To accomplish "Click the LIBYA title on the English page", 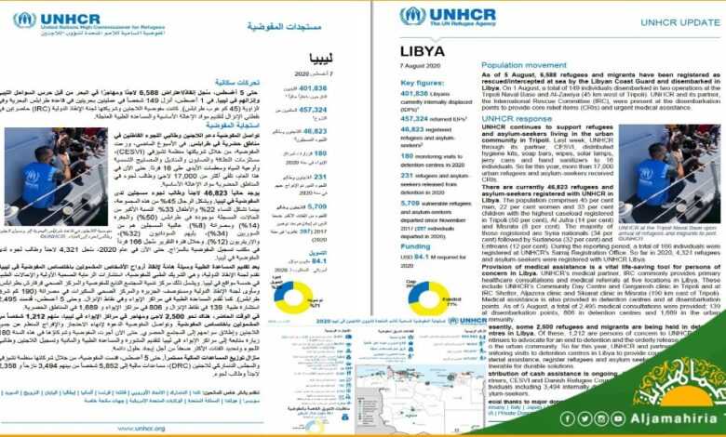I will (x=423, y=50).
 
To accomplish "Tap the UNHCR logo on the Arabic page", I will (x=56, y=20).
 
